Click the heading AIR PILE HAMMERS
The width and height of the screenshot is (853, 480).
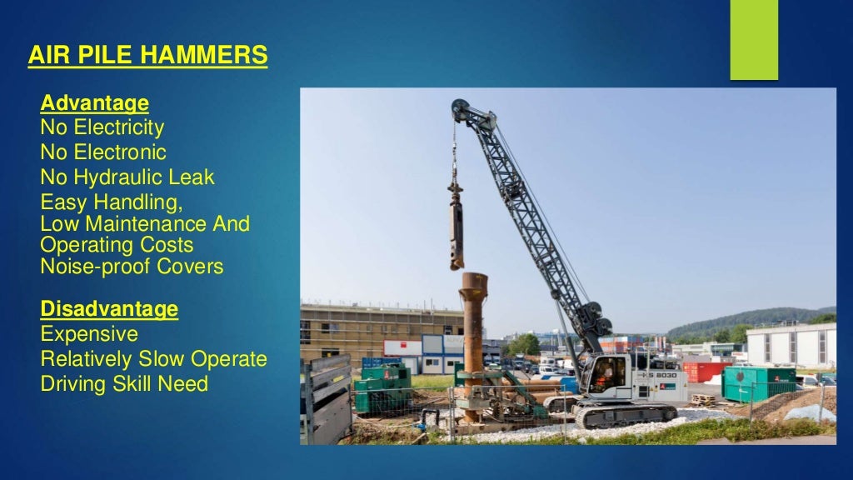coord(147,56)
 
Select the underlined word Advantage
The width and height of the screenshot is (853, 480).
coord(94,104)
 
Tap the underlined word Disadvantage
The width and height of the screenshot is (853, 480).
coord(109,310)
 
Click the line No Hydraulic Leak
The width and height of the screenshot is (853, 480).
coord(127,177)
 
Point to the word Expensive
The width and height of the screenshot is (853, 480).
coord(89,334)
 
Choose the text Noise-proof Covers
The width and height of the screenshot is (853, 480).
coord(132,267)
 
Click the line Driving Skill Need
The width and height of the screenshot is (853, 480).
coord(124,384)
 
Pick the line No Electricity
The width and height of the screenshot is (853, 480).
coord(102,128)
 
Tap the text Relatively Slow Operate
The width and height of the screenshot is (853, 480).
coord(153,359)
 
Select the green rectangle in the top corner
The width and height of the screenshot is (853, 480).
coord(754,40)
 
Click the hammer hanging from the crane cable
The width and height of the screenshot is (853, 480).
coord(456,229)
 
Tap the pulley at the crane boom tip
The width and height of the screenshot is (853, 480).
coord(461,109)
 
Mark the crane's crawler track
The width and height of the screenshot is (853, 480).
coord(625,415)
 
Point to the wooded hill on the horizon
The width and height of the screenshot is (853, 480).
coord(750,321)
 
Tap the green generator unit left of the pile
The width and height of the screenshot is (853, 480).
coord(382,387)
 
